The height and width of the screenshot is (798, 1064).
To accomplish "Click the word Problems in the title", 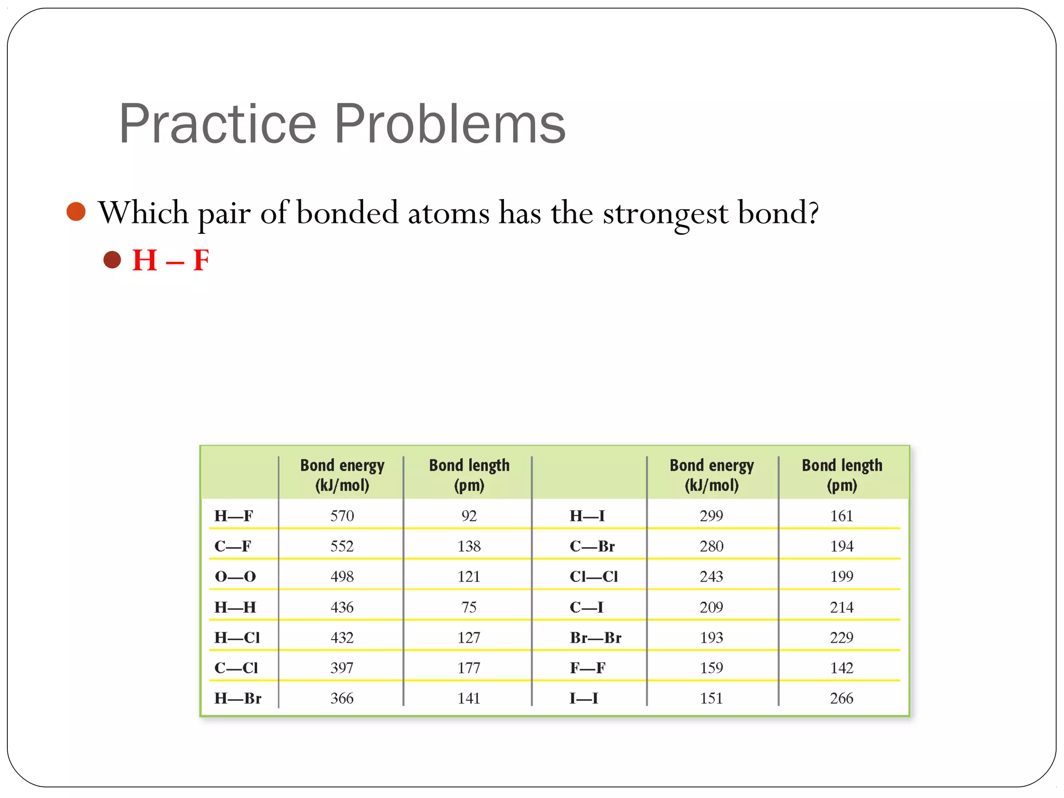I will (x=449, y=124).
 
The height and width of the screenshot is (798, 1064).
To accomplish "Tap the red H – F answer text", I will (x=170, y=260).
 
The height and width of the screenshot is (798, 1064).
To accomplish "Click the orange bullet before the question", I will (x=76, y=211).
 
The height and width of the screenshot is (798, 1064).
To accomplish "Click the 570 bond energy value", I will (x=342, y=516).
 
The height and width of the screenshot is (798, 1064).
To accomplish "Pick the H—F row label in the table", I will (x=234, y=516).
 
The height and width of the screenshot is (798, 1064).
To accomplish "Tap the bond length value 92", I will (x=469, y=516).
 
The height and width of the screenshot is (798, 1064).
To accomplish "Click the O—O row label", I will (x=235, y=577).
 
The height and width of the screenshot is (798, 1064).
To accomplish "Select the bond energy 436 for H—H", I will (x=342, y=607).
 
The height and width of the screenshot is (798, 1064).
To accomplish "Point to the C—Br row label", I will (x=592, y=547).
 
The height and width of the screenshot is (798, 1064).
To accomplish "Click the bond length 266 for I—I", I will (x=841, y=698).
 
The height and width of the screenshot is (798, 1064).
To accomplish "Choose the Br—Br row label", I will (x=595, y=637).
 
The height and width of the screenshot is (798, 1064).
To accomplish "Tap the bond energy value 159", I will (x=711, y=668).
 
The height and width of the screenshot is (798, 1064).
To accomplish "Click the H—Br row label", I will (x=238, y=698).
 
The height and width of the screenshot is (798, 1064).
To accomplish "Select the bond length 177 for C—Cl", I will (x=469, y=668).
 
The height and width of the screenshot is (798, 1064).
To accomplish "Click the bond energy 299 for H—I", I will (x=711, y=516).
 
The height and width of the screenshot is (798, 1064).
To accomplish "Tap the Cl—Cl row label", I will (x=594, y=577).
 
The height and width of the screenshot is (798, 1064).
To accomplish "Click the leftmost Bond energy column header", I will (x=342, y=475).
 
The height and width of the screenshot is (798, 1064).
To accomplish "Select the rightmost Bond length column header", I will (x=842, y=475).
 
